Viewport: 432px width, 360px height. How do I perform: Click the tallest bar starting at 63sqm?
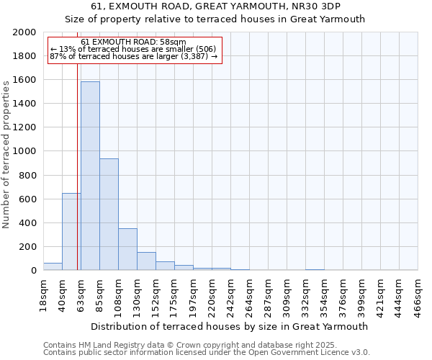pyautogui.click(x=90, y=176)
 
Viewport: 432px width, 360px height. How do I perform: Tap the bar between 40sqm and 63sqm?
pyautogui.click(x=71, y=232)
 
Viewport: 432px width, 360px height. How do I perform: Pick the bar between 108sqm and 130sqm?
pyautogui.click(x=127, y=249)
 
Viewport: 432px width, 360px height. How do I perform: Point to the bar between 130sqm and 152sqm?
pyautogui.click(x=146, y=261)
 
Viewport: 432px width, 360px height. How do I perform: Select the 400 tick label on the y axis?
pyautogui.click(x=28, y=223)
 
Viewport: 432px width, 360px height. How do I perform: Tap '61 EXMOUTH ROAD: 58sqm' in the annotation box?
pyautogui.click(x=133, y=42)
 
